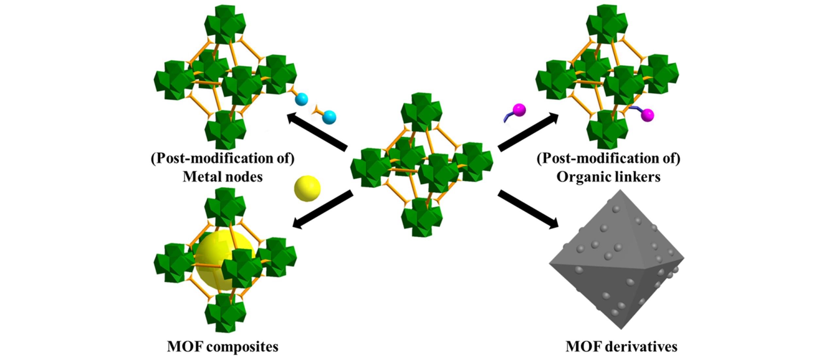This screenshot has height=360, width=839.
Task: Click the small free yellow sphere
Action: pos(307,188)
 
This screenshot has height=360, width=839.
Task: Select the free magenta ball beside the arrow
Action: pos(519,110)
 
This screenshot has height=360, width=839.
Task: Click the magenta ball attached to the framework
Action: pos(647,115)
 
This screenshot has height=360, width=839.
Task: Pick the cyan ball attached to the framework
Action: pos(301,99)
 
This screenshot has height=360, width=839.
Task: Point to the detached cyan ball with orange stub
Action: pos(328,117)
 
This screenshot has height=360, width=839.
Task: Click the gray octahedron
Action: pos(616,265)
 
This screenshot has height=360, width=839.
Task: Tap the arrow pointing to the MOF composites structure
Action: pos(322,209)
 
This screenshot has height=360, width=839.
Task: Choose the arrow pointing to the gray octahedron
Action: pos(528,209)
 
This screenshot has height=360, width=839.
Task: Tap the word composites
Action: pos(242,347)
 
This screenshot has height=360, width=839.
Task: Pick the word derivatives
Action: pos(640,347)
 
